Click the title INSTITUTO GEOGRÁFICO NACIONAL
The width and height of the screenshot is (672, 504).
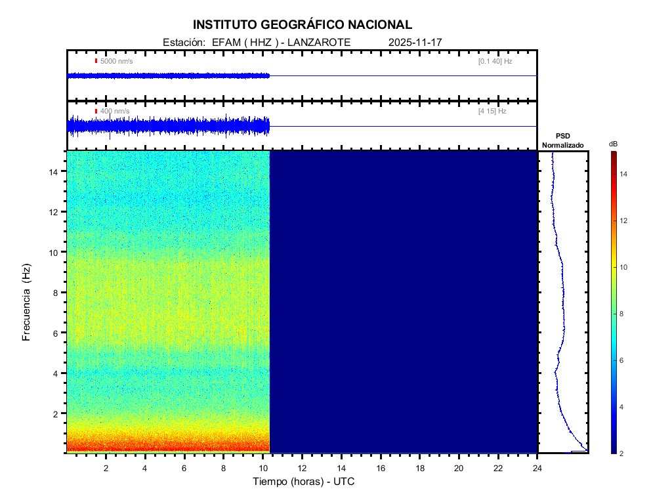(303, 25)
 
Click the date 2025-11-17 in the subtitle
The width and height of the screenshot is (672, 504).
(415, 42)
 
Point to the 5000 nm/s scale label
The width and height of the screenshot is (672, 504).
(116, 61)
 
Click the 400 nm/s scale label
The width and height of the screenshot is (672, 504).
(115, 112)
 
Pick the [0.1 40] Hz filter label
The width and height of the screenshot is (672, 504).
(495, 61)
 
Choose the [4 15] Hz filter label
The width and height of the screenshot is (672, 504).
(492, 112)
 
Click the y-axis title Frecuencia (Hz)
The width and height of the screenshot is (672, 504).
(27, 303)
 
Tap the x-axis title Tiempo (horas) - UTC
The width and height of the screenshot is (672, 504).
(304, 482)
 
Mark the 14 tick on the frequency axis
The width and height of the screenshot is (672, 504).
(56, 171)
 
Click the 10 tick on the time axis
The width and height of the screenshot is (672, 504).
(262, 468)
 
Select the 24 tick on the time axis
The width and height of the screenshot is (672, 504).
(537, 468)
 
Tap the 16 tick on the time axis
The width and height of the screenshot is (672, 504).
(381, 468)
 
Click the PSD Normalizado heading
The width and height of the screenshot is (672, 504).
(562, 140)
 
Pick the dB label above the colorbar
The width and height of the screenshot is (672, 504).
(613, 143)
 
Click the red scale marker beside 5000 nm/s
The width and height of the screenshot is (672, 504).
(96, 61)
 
